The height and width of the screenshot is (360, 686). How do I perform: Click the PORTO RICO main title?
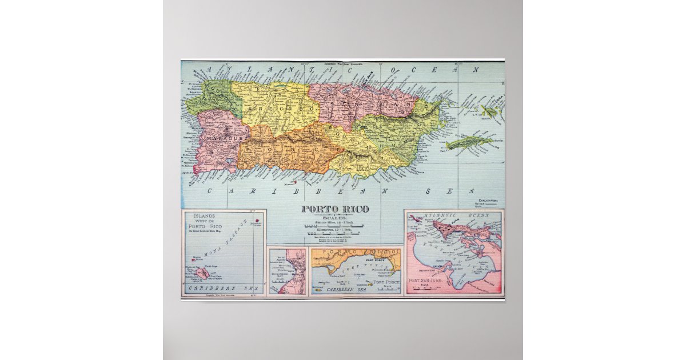[x=335, y=209]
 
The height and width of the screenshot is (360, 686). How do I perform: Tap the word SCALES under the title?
[x=335, y=217]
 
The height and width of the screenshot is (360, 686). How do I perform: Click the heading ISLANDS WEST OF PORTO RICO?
[x=208, y=223]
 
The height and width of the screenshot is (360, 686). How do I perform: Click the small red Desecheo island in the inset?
[x=257, y=219]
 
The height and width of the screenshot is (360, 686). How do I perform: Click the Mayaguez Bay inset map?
[x=288, y=271]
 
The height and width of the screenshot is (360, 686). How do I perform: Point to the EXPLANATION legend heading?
[x=487, y=201]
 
